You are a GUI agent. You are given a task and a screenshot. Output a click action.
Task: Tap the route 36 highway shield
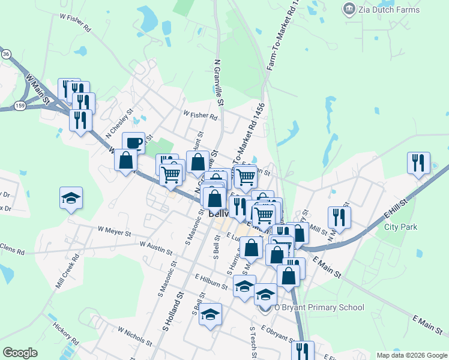tap(6, 54)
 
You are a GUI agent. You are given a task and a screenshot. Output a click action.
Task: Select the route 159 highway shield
tap(20, 106)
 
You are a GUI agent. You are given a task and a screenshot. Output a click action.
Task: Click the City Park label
tap(400, 227)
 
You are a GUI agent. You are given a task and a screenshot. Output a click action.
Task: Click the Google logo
tap(20, 353)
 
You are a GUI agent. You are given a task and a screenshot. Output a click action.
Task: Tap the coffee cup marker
tap(133, 143)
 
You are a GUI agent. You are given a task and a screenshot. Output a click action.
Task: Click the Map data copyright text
tap(411, 355)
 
